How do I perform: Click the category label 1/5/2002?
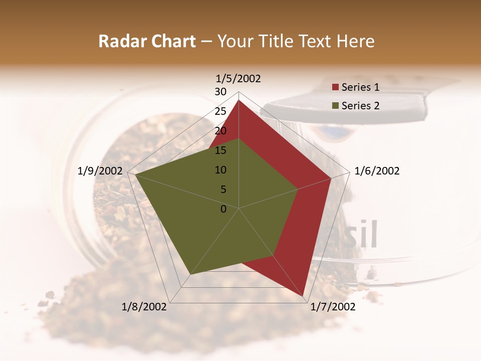238,78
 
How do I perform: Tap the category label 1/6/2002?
377,171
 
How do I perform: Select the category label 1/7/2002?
333,307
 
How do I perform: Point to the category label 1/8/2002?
144,307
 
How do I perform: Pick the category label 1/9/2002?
100,171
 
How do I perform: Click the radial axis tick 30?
220,92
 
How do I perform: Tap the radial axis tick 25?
220,111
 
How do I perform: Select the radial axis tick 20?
220,131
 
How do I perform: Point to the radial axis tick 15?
220,150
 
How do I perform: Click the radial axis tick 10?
220,170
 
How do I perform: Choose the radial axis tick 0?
223,209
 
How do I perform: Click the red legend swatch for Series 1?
335,88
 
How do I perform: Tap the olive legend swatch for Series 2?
335,106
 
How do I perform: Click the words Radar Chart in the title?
147,41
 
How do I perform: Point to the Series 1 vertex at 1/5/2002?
238,100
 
